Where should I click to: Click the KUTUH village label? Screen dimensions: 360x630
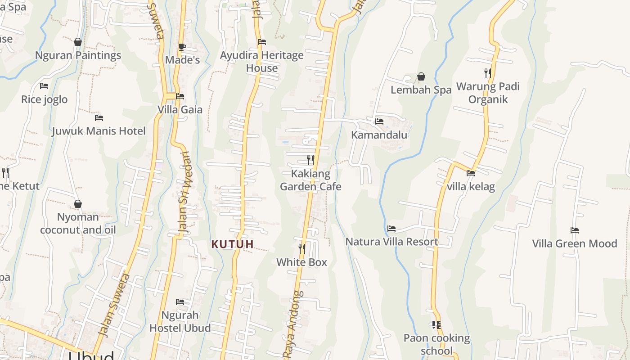coord(233,244)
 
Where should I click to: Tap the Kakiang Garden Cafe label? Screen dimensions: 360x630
coord(310,180)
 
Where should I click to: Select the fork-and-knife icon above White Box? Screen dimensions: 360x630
coord(302,248)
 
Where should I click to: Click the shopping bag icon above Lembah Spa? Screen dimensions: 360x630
coord(421,76)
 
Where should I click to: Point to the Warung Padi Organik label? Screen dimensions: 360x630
coord(488,93)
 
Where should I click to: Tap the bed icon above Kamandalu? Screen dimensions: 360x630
coord(379,121)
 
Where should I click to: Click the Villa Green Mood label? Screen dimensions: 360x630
coord(574,243)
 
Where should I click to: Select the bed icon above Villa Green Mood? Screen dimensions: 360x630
coord(575,230)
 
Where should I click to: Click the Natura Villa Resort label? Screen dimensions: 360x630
coord(391,242)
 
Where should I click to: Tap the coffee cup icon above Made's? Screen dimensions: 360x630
coord(182,47)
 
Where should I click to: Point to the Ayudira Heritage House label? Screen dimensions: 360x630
coord(261,62)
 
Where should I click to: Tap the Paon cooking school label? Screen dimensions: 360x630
coord(436,344)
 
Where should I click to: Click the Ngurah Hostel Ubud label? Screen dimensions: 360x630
coord(180,321)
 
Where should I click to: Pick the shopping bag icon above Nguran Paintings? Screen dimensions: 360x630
coord(78,42)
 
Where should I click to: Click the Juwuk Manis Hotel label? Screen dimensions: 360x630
coord(99,131)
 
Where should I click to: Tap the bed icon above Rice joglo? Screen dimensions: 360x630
coord(44,86)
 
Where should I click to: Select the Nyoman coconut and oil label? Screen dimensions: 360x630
coord(78,224)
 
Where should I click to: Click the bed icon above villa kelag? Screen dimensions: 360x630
coord(471,173)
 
